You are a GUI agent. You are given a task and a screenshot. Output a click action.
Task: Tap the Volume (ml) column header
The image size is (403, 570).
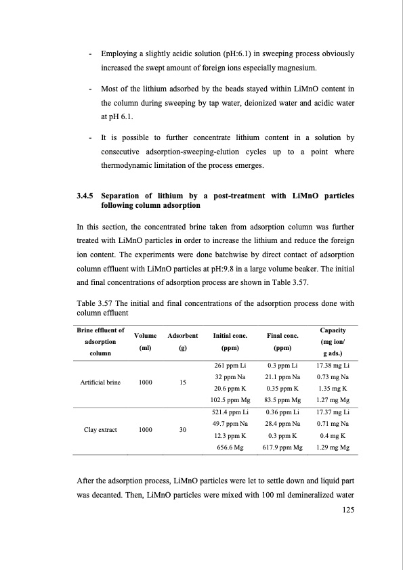click(x=146, y=342)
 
